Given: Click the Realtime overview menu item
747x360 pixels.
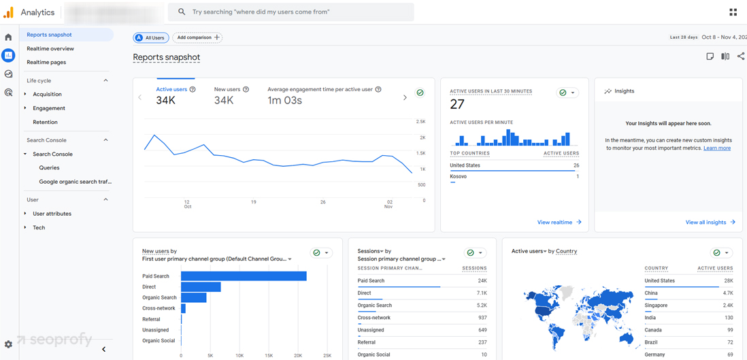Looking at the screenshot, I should [x=50, y=49].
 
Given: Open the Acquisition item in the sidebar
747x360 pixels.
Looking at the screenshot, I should [x=47, y=95].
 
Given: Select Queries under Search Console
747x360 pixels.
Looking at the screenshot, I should [x=49, y=168].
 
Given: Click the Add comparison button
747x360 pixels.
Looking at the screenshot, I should [x=197, y=37].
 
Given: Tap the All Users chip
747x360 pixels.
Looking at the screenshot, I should [x=151, y=37].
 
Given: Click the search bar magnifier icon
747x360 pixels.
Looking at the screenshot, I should [x=182, y=12].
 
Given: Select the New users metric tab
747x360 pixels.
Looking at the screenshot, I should [x=227, y=89].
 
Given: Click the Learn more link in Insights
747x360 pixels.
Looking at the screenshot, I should [x=717, y=148].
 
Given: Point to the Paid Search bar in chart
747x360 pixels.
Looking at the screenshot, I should [x=244, y=276].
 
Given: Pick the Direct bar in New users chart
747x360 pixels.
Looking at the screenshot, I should [x=201, y=287].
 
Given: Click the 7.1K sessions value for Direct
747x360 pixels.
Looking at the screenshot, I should [x=481, y=293].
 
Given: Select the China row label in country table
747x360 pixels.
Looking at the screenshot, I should [x=651, y=293].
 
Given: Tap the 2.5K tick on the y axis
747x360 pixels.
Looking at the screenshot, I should [x=420, y=122].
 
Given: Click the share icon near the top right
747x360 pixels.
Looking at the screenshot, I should [x=741, y=56].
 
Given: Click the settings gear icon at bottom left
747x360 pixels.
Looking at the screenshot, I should [x=8, y=345].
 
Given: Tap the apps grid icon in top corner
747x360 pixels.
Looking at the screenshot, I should [x=733, y=12].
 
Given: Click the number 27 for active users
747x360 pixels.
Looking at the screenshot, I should [x=457, y=104].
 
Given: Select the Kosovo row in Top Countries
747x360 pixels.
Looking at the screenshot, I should [x=459, y=176].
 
